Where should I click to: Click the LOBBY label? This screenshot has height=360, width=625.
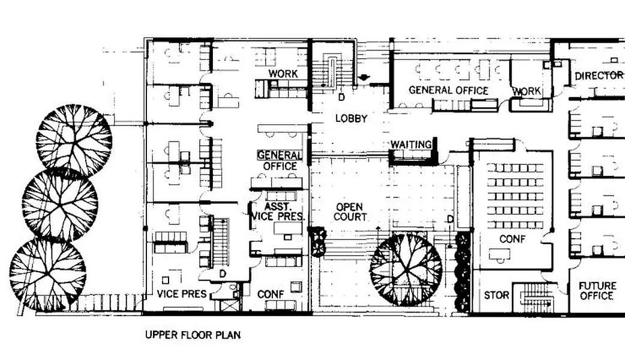(x=351, y=118)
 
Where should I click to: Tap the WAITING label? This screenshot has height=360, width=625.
(x=411, y=145)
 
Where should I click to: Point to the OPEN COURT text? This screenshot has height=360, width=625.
(x=350, y=212)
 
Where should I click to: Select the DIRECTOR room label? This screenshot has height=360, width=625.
(x=599, y=76)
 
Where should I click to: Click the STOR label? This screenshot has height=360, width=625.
(x=496, y=295)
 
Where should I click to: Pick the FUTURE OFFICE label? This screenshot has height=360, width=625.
(x=597, y=291)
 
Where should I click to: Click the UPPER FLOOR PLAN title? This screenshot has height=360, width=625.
(x=193, y=334)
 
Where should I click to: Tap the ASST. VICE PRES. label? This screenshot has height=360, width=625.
(x=279, y=212)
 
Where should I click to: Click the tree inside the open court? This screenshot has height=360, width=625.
(x=406, y=269)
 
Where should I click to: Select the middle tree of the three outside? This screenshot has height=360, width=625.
(x=60, y=205)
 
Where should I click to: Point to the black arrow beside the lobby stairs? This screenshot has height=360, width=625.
(x=363, y=78)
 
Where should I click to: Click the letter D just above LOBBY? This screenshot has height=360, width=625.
(x=342, y=97)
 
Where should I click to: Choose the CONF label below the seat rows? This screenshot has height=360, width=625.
(x=512, y=239)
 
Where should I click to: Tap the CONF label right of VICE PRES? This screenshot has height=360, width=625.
(x=271, y=294)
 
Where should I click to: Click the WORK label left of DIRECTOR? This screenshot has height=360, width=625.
(x=527, y=91)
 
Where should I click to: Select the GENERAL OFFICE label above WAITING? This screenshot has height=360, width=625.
(x=449, y=91)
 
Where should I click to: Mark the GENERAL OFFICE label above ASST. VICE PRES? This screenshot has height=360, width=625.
(x=280, y=160)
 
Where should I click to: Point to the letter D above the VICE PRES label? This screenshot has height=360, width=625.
(x=223, y=274)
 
